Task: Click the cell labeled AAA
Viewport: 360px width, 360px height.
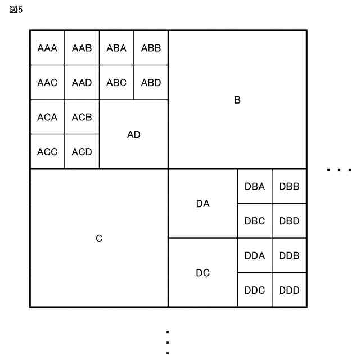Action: (47, 48)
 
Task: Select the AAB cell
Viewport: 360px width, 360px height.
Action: (82, 48)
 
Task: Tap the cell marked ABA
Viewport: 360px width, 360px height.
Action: (116, 48)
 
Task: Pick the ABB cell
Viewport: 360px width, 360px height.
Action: (151, 48)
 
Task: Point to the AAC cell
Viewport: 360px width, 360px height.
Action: (47, 83)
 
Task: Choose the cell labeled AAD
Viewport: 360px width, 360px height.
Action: (82, 83)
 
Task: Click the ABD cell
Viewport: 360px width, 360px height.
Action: (151, 83)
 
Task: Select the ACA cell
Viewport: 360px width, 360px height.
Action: (47, 118)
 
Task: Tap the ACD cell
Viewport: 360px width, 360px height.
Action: (82, 152)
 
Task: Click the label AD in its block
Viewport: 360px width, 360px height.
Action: (134, 135)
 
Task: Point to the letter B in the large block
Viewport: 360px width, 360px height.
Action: (237, 100)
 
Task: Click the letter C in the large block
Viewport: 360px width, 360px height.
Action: (99, 238)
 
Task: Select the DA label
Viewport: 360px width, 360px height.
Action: (203, 204)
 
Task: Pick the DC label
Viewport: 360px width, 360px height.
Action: (203, 273)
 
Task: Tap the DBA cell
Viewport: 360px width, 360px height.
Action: (255, 187)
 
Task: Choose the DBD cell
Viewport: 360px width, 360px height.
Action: (289, 221)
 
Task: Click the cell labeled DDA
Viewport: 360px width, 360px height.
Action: (255, 256)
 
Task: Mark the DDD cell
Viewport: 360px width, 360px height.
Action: (289, 290)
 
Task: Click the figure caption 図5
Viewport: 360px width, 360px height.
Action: (16, 10)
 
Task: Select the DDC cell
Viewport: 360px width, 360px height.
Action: (255, 290)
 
